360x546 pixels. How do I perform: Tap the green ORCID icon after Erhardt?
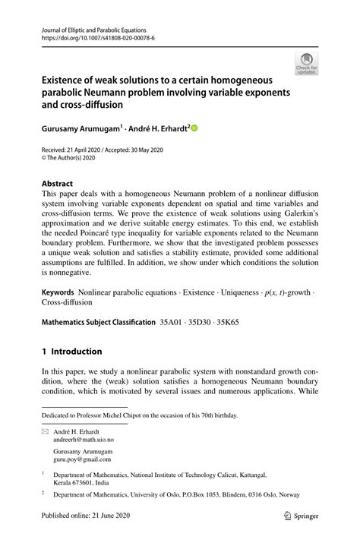[x=194, y=128]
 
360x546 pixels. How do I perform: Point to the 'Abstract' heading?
[x=58, y=183]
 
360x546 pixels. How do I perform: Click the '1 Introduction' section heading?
[x=71, y=352]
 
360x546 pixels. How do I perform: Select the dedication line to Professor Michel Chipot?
[x=140, y=415]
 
